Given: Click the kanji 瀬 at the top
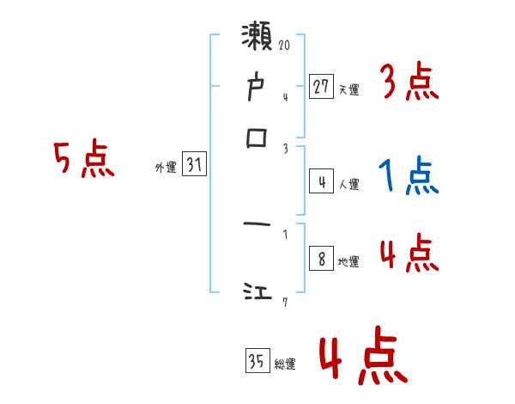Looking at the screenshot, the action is point(258,40).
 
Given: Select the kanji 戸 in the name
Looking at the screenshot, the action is point(257,87).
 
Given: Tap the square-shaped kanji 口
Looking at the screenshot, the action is point(257,138).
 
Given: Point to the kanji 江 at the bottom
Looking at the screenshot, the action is point(257,294).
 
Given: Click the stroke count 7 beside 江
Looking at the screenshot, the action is point(284,301).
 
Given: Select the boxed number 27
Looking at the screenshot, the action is point(320,86).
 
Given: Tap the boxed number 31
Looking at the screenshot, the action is point(194,167).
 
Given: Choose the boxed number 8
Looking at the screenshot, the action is point(320,259).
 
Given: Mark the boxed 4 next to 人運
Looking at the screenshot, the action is point(320,181).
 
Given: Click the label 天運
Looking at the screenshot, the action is point(348,89).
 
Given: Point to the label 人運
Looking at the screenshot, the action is point(348,184).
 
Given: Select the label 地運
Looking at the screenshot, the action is point(348,261).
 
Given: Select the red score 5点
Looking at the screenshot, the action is point(83,160).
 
